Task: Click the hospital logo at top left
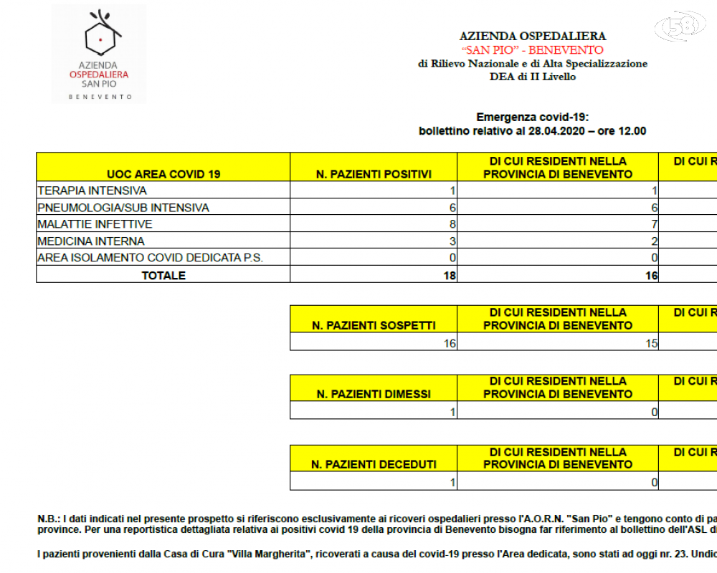point(99,54)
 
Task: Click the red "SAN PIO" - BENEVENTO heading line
point(532,50)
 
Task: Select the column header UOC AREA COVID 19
point(163,174)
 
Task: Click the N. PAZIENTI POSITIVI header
point(374,174)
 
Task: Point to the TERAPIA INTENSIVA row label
point(92,191)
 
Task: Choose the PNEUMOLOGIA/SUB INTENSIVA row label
point(123,208)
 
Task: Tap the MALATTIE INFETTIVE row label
point(95,224)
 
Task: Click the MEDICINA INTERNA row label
point(91,241)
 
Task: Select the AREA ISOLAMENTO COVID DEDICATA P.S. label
point(150,258)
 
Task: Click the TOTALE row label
point(163,275)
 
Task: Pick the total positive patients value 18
point(450,275)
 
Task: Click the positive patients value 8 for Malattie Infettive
point(452,224)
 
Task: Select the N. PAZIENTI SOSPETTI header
point(374,325)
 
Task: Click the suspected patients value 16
point(450,343)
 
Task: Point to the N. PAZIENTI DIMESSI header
point(374,394)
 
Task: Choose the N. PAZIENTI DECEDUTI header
point(374,464)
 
